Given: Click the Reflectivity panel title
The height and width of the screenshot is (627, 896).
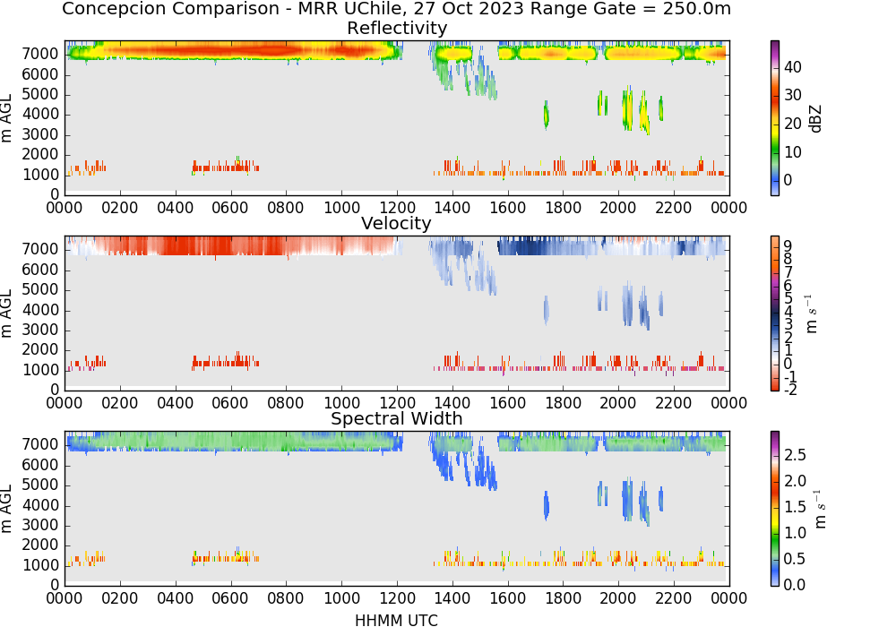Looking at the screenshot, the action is [x=397, y=28].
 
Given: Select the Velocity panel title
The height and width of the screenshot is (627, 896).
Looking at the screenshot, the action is [x=396, y=223].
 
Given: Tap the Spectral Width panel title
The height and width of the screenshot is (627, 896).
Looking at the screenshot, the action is [x=397, y=418].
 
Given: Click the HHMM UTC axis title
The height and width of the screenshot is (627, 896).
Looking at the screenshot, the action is [x=396, y=620].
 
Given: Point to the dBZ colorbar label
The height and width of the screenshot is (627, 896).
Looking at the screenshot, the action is [x=815, y=119].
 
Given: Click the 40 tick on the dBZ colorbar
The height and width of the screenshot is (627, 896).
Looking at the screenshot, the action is [x=793, y=67].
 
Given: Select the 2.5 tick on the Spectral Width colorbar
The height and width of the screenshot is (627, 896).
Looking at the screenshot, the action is [x=795, y=454].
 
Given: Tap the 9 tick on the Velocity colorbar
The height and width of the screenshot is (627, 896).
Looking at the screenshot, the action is [x=788, y=246].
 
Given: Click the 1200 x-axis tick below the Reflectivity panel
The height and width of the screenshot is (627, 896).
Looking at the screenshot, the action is [x=397, y=208].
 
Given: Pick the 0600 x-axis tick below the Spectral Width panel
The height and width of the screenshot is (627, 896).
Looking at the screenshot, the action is [x=231, y=598].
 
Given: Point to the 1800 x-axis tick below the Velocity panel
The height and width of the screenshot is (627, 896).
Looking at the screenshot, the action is [x=564, y=403].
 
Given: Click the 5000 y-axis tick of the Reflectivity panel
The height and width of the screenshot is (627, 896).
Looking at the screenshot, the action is [x=40, y=94].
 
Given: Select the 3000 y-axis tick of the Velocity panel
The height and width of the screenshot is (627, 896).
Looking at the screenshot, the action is [x=40, y=330].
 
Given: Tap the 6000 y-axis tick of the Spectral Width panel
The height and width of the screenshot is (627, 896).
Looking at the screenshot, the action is [x=40, y=465].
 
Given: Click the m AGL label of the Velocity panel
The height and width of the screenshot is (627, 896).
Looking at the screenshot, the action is [x=7, y=313].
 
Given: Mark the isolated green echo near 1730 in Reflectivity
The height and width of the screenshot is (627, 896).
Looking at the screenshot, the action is [x=547, y=116].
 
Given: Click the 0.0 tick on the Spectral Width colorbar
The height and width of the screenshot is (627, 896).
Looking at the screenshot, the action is [x=795, y=584].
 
